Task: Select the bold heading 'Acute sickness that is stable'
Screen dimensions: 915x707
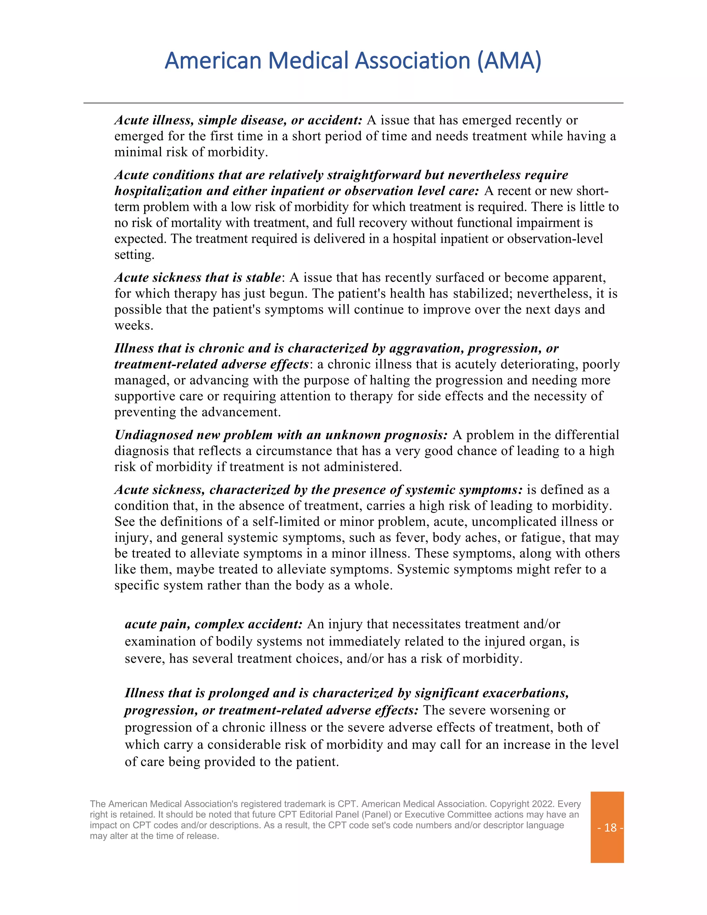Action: point(197,277)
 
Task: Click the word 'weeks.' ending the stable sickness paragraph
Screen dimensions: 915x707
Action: point(134,326)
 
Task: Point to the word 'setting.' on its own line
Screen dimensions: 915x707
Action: point(134,255)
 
